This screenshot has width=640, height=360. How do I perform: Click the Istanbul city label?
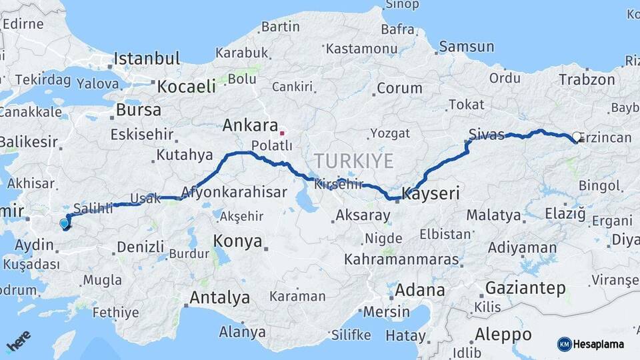147,59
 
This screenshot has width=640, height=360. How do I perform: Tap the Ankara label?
250,125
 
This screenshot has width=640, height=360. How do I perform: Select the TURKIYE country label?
354,161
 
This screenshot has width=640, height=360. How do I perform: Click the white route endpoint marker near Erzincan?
577,136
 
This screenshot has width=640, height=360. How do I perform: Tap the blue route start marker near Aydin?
64,224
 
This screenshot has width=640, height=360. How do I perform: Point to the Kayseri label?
431,194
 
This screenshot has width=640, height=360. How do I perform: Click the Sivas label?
486,133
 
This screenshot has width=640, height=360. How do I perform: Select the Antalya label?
219,297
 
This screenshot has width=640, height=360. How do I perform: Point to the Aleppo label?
502,334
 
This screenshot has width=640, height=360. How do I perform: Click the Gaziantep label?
525,289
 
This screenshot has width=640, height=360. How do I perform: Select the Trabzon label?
587,79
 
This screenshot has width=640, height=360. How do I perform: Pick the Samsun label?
467,47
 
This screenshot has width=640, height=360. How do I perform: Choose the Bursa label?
138,109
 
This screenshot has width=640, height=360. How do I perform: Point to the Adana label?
420,290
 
